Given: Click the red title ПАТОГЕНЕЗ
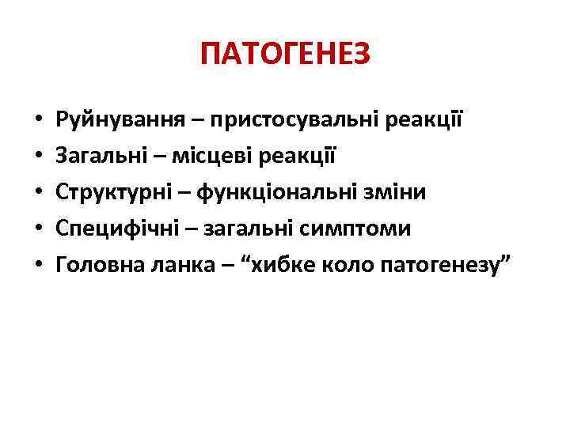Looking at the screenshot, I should tap(285, 56).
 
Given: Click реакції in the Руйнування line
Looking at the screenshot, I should tap(427, 122).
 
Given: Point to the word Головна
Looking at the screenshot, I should tap(96, 265).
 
